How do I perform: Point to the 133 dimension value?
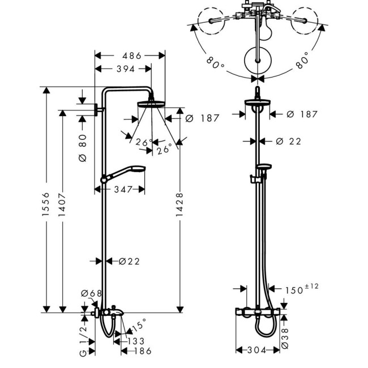coord(136,341)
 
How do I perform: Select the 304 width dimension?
coord(257,350)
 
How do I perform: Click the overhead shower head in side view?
coord(151,104)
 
